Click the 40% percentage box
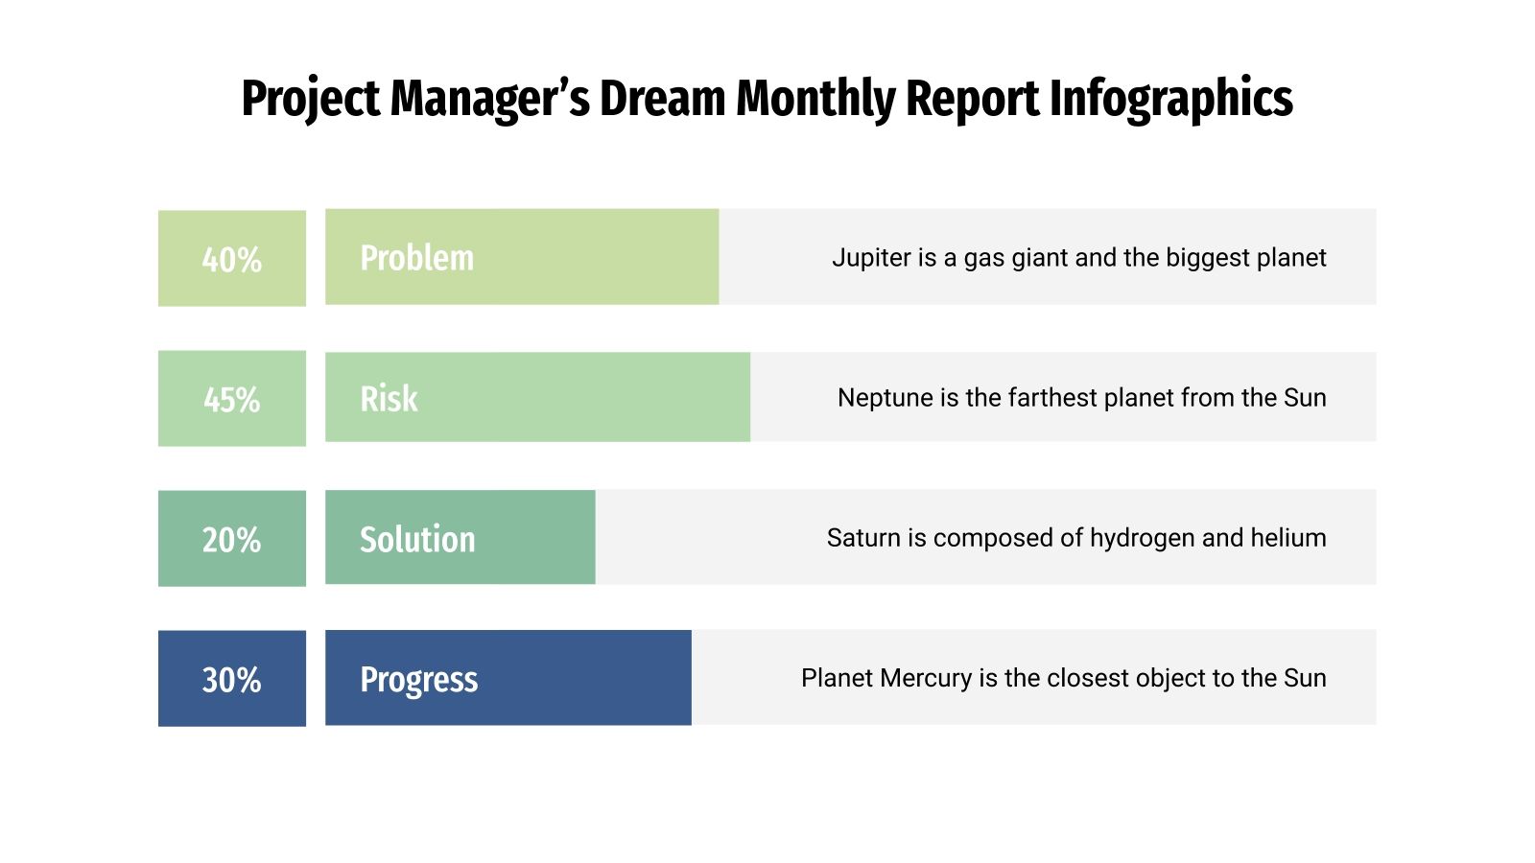231,259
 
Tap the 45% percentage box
231,399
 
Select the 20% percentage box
231,539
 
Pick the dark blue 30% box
231,679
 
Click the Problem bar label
416,258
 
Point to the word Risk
389,399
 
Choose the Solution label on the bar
417,539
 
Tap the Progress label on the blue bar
418,679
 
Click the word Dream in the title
663,99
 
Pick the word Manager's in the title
490,99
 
